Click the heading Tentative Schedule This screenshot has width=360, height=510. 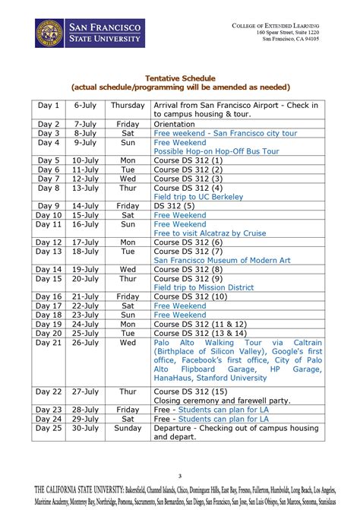(180, 78)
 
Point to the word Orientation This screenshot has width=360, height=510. (177, 123)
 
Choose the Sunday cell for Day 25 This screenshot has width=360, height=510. (128, 427)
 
